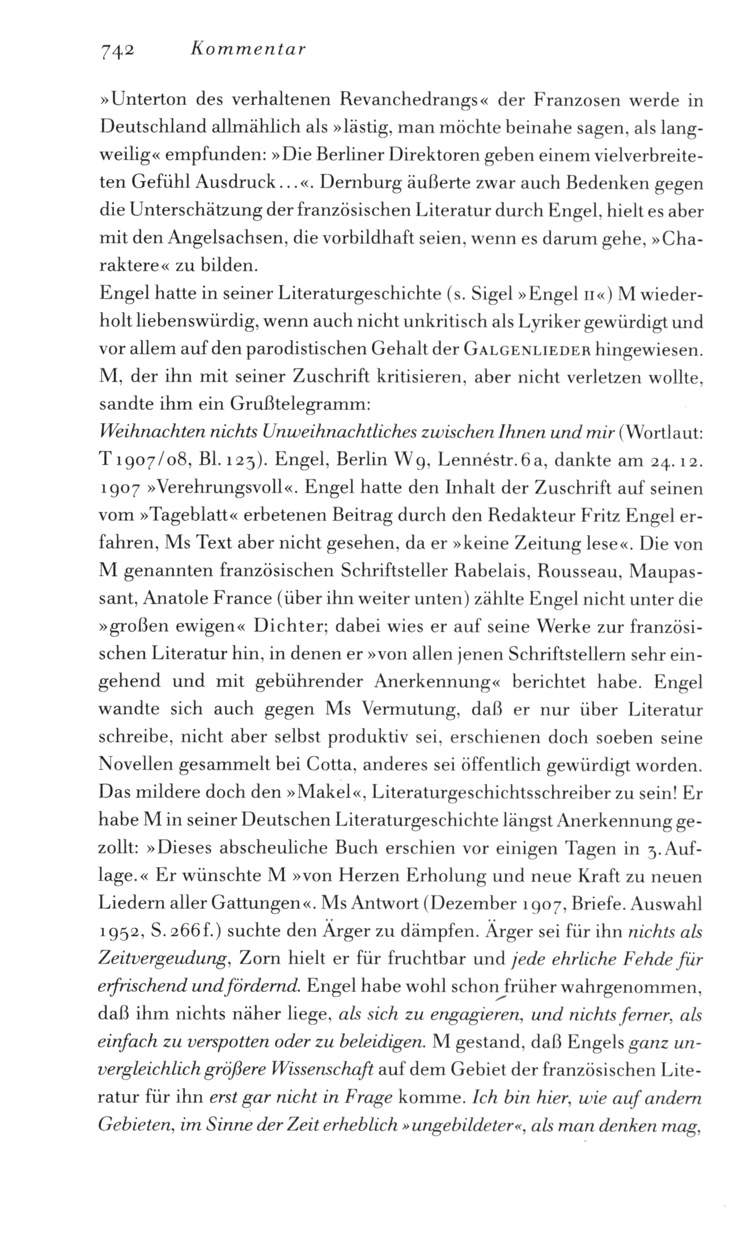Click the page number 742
pos(116,51)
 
